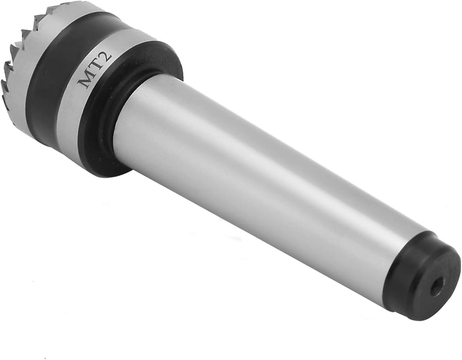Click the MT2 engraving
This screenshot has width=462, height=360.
(94, 69)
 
